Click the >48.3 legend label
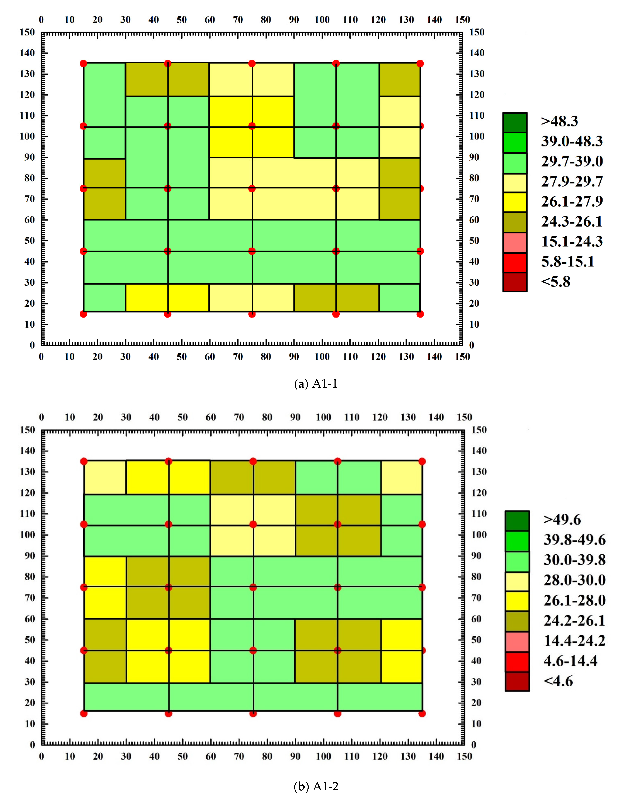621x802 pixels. (x=559, y=121)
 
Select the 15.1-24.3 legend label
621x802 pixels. (x=572, y=242)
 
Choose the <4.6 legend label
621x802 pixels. (x=558, y=681)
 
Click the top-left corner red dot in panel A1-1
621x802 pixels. (x=83, y=64)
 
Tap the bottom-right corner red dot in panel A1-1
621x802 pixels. (x=420, y=314)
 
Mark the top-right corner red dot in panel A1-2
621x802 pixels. (x=422, y=461)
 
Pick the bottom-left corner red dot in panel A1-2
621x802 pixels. (x=84, y=714)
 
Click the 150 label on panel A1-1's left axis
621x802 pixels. (x=27, y=32)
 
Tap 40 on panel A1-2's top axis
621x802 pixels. (x=154, y=417)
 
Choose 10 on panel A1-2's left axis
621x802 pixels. (x=30, y=724)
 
